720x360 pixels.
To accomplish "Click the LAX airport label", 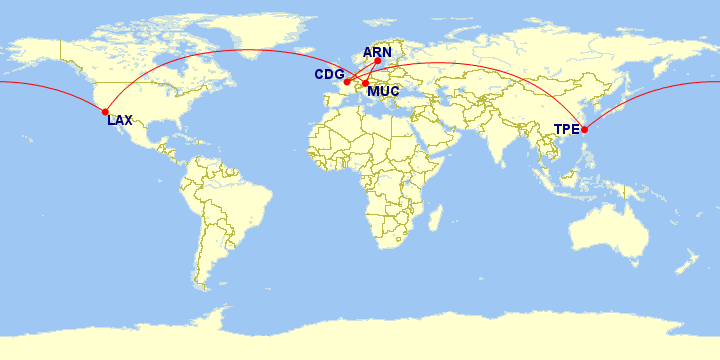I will (x=120, y=120).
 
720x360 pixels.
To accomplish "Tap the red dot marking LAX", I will (x=105, y=112).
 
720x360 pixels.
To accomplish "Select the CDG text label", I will (x=329, y=75).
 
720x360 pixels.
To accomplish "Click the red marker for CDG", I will (x=347, y=82).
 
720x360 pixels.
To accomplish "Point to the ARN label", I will (x=377, y=52).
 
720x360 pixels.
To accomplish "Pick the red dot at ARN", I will (x=378, y=61).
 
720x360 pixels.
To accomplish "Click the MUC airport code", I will (x=384, y=94).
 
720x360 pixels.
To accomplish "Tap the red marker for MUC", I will (x=366, y=83).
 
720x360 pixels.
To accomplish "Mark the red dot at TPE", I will (x=585, y=130).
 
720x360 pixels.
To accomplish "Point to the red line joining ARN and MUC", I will (x=372, y=72).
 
